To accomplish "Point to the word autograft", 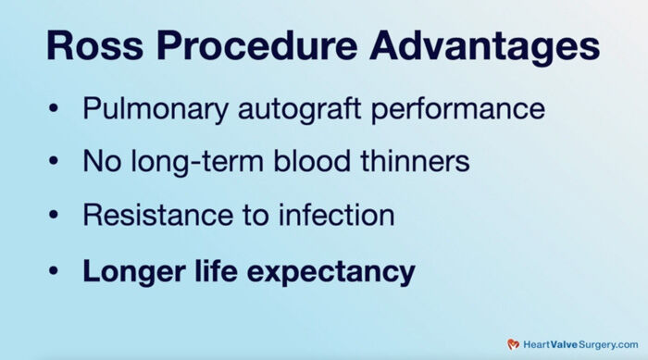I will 293,110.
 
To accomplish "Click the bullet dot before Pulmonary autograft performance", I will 55,109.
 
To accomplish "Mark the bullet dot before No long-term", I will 55,163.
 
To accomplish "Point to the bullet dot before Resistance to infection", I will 55,217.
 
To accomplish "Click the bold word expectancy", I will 328,273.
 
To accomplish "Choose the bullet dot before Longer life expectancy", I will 55,271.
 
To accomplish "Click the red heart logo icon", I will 513,342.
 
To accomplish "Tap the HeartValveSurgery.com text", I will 579,342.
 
